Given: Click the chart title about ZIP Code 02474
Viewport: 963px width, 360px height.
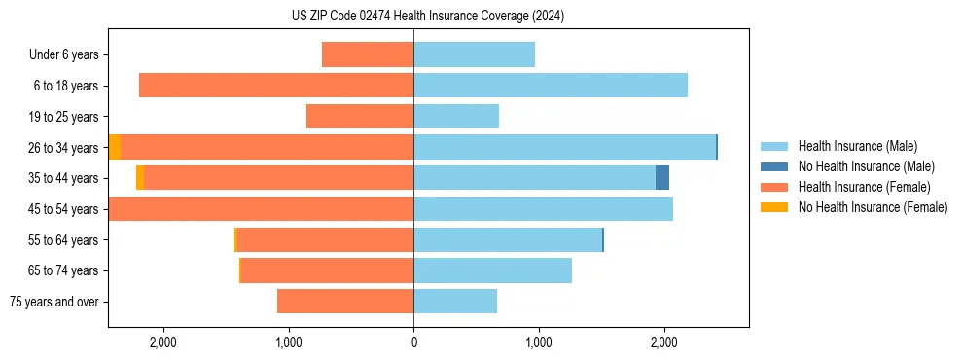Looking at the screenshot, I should pyautogui.click(x=427, y=17).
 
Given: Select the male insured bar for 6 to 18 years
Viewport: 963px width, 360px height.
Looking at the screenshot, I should pyautogui.click(x=551, y=86).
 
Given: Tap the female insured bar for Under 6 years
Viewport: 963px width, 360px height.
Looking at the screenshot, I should pyautogui.click(x=368, y=55).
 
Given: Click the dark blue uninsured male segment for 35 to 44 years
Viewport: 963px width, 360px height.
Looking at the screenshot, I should pyautogui.click(x=662, y=178).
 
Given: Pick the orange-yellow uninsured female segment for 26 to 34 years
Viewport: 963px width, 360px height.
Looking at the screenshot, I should pyautogui.click(x=115, y=148).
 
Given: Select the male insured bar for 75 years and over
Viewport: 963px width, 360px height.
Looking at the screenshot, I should pyautogui.click(x=455, y=302).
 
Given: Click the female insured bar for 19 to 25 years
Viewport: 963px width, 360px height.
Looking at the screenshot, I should pyautogui.click(x=360, y=117).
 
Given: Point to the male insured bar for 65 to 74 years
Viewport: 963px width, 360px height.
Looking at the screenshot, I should pyautogui.click(x=492, y=270).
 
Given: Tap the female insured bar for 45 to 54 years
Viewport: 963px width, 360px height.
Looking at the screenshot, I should pyautogui.click(x=261, y=209).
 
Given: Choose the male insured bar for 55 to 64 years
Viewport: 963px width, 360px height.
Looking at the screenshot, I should pyautogui.click(x=508, y=240).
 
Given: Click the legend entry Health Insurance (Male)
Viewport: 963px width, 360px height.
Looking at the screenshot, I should pyautogui.click(x=857, y=146).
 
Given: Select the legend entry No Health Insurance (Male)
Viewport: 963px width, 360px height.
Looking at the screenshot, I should pyautogui.click(x=866, y=166).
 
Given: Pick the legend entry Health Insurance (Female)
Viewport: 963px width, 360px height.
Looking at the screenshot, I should pyautogui.click(x=864, y=187).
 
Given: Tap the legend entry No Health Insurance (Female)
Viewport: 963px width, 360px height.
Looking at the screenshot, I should pyautogui.click(x=873, y=207).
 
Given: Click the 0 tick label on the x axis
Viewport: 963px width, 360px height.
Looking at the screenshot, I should pyautogui.click(x=413, y=342).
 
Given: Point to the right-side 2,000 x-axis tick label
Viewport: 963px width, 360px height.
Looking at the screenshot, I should pyautogui.click(x=663, y=342).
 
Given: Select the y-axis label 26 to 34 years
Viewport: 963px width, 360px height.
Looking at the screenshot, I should pyautogui.click(x=65, y=148).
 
